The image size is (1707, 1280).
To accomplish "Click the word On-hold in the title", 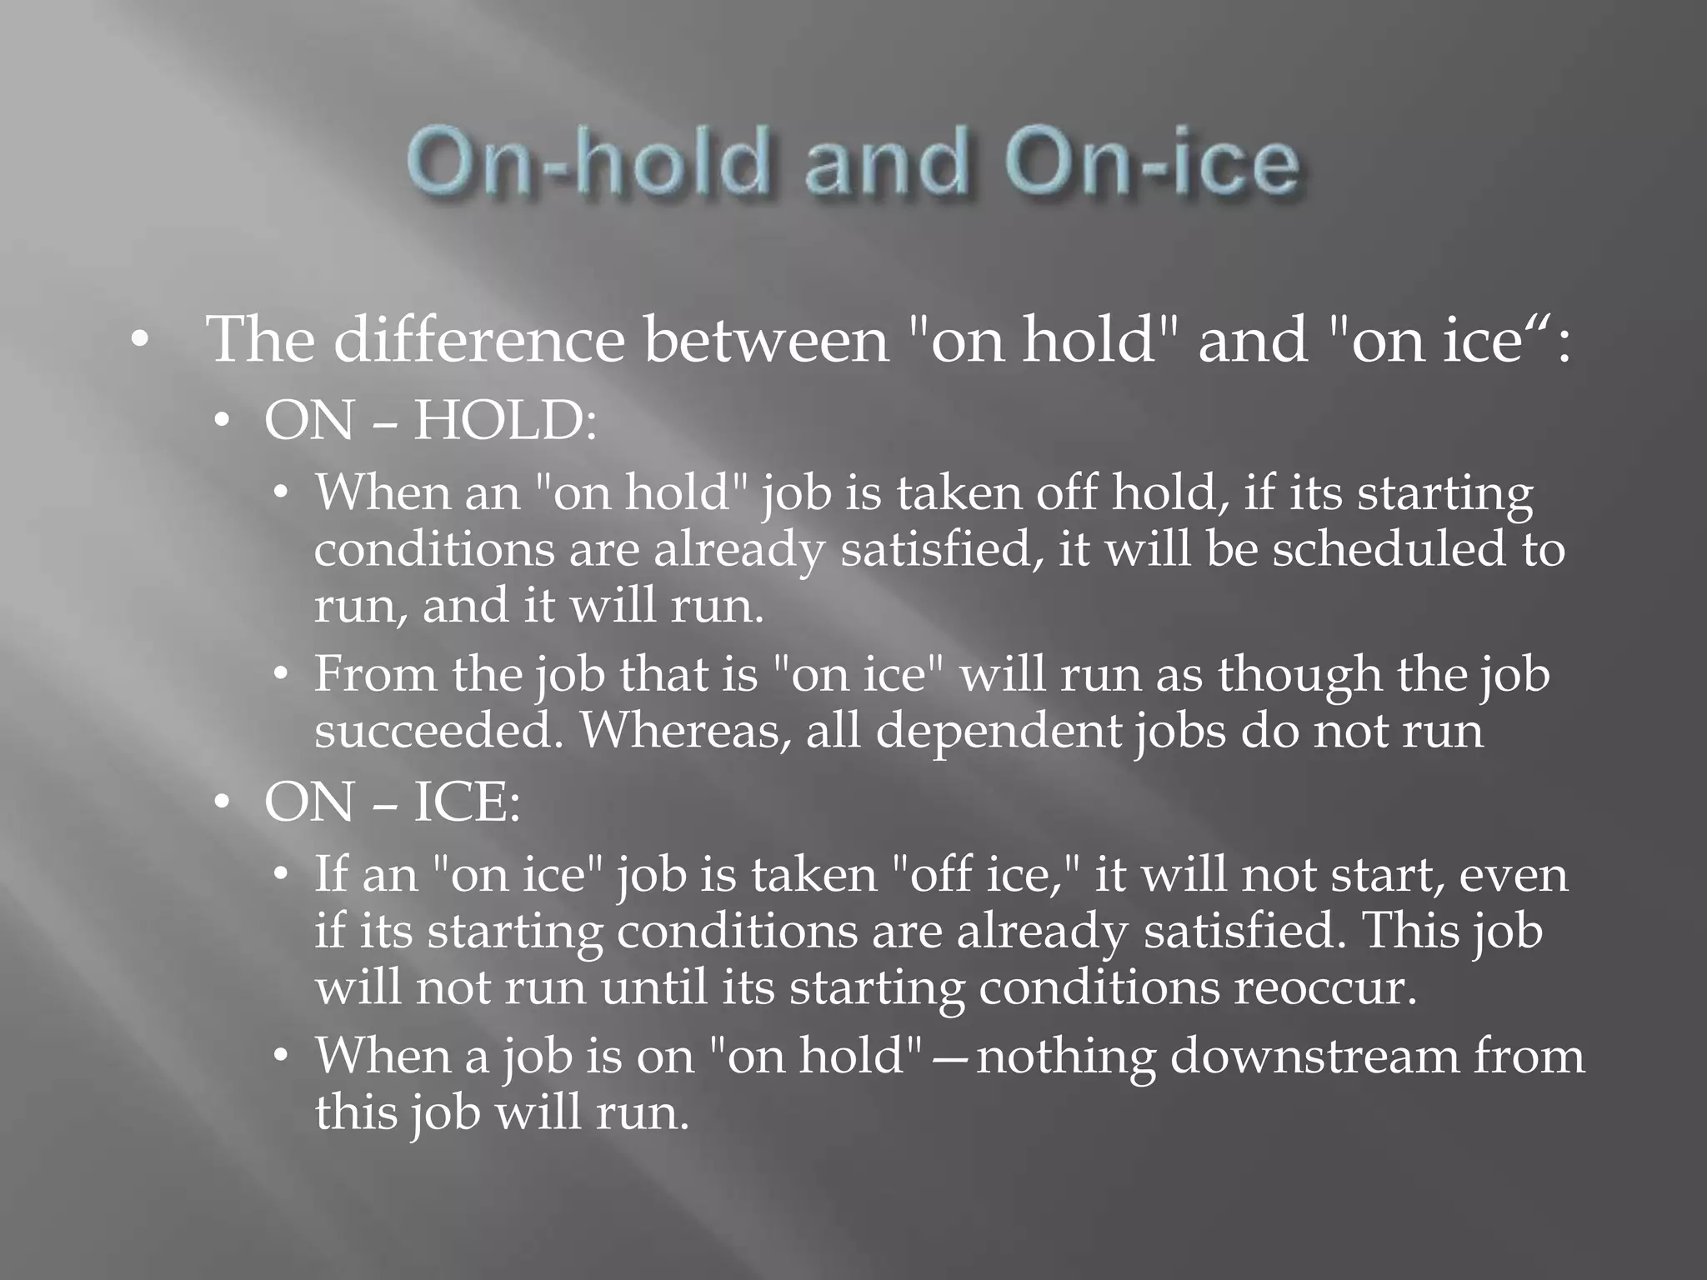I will coord(586,163).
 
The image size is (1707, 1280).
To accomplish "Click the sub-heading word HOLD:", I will coord(505,420).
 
